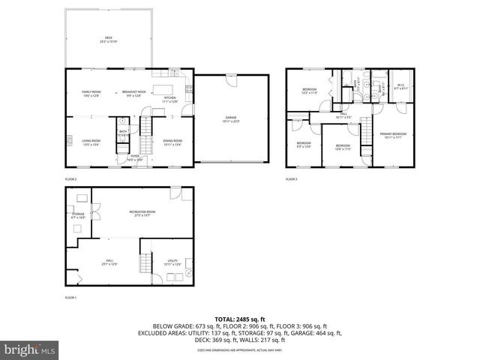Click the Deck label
pyautogui.click(x=108, y=39)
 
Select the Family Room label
pyautogui.click(x=91, y=94)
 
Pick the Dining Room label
pyautogui.click(x=172, y=142)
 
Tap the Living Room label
pyautogui.click(x=91, y=142)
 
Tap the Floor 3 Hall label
pyautogui.click(x=343, y=115)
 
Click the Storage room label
pyautogui.click(x=78, y=216)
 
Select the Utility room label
pyautogui.click(x=172, y=262)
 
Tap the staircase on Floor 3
pyautogui.click(x=366, y=139)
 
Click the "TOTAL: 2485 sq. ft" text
pyautogui.click(x=240, y=319)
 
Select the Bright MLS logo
pyautogui.click(x=28, y=349)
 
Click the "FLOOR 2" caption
pyautogui.click(x=71, y=179)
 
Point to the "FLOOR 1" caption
pyautogui.click(x=71, y=298)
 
